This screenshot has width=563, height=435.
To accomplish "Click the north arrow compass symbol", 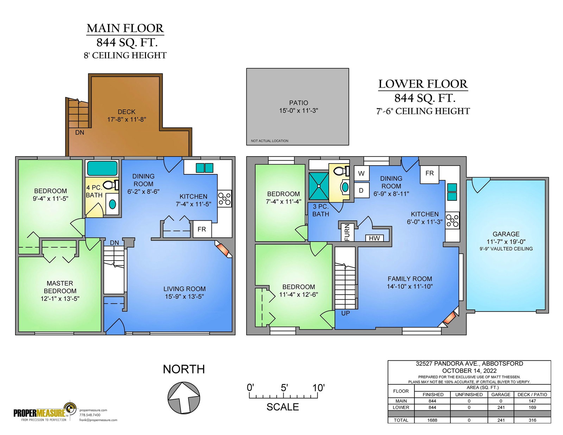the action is point(184,398).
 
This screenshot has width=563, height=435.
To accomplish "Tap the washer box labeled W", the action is point(361,173).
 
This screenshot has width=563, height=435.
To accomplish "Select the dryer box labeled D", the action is point(361,190).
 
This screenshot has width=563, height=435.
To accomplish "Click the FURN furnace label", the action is point(347,232).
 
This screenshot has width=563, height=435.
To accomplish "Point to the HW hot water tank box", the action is point(374,238).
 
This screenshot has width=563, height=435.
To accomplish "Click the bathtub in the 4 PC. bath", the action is point(102,168).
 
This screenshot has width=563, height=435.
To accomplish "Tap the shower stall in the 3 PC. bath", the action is point(319,186).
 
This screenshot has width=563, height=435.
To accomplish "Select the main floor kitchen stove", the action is point(224,199).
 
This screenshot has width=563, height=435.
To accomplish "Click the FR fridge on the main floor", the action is point(202,229).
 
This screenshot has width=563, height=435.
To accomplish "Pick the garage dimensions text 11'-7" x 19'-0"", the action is point(506,242).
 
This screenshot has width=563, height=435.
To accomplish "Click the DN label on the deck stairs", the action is point(80,132).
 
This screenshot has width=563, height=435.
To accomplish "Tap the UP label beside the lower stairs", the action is point(346,313).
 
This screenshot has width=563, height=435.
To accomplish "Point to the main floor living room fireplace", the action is point(223,249).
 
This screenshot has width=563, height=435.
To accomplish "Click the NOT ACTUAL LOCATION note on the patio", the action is point(270,141).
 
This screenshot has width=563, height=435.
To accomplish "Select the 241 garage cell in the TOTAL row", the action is point(501,420).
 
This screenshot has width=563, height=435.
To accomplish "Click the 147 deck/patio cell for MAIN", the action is point(532,401).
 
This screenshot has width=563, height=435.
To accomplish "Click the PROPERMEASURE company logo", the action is point(45,412).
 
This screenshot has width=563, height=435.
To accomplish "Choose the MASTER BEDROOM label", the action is point(60,287).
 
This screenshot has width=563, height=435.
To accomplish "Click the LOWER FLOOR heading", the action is point(423,84).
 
